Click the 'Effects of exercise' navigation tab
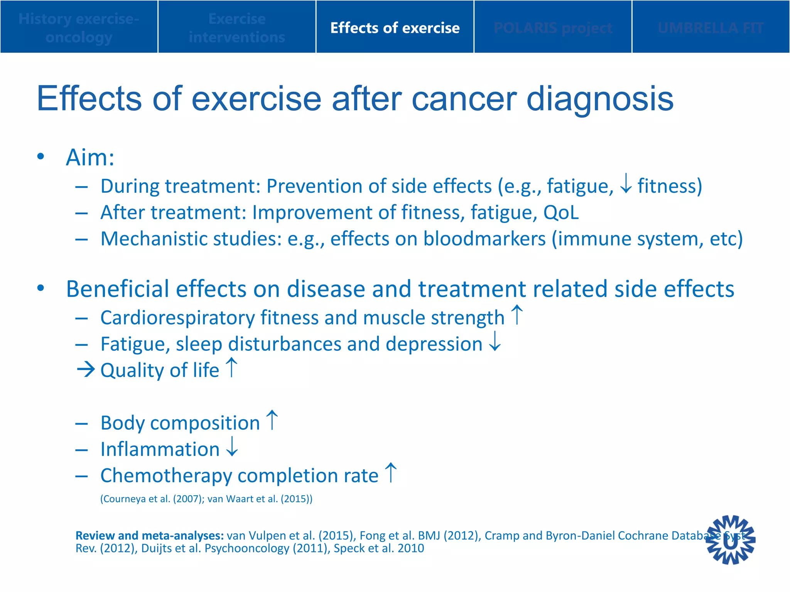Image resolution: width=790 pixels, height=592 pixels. [x=395, y=28]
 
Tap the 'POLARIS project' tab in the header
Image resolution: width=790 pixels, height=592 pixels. [x=552, y=28]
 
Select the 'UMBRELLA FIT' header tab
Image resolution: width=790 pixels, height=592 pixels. [x=711, y=28]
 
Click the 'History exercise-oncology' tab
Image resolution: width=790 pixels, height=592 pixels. [x=79, y=28]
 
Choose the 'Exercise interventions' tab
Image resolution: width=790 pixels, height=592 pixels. [x=237, y=28]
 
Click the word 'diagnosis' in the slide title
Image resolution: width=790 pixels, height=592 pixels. [x=600, y=99]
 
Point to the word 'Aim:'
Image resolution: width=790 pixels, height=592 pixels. [x=90, y=158]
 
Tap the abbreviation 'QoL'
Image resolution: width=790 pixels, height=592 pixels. [x=561, y=212]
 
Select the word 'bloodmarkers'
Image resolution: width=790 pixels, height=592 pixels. [x=484, y=239]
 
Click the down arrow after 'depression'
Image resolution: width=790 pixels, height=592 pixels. [x=495, y=341]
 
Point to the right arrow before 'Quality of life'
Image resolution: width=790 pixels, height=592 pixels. [x=86, y=370]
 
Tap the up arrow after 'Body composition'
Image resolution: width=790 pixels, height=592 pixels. [x=272, y=420]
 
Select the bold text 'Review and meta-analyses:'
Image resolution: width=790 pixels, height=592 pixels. [x=150, y=535]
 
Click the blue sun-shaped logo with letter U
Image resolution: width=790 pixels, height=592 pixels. [x=730, y=540]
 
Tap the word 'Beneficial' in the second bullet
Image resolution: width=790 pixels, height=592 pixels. [x=118, y=289]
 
